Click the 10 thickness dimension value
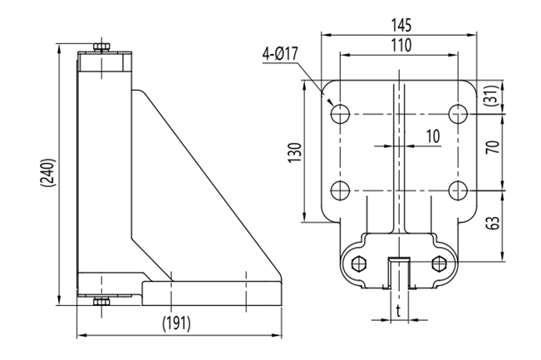click(x=432, y=136)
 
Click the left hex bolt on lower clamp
click(x=358, y=264)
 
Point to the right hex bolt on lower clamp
click(x=440, y=264)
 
